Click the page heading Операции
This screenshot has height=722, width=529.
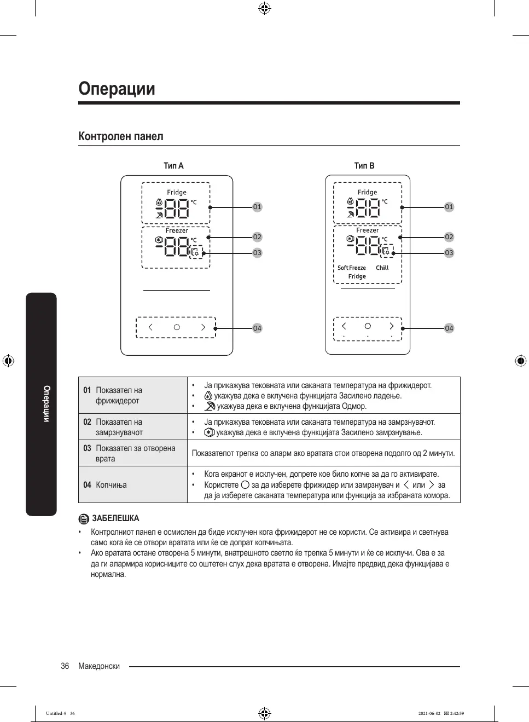pos(117,89)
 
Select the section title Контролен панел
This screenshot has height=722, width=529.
pos(121,136)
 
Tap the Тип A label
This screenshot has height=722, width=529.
pos(173,165)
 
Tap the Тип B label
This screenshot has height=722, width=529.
pos(364,165)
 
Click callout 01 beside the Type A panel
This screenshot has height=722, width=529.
pos(257,207)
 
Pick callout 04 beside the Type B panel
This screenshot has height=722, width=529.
pos(449,328)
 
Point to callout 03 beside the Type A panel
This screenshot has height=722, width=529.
pos(257,253)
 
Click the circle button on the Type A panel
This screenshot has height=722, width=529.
pos(177,327)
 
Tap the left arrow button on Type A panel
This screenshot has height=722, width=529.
pos(150,327)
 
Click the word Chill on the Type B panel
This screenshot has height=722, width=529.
pos(382,268)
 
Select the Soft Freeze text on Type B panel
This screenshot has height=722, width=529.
pos(352,268)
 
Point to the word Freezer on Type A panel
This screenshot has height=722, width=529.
pos(177,230)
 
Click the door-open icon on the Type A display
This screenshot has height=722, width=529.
pos(195,252)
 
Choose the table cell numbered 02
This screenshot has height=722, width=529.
pos(87,422)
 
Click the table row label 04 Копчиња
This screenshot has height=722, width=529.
pos(105,485)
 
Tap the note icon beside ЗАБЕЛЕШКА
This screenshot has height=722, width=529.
pos(84,519)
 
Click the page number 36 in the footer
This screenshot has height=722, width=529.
pos(65,666)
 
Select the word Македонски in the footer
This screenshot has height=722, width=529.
pos(99,666)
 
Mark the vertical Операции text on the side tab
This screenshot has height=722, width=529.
pos(46,404)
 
